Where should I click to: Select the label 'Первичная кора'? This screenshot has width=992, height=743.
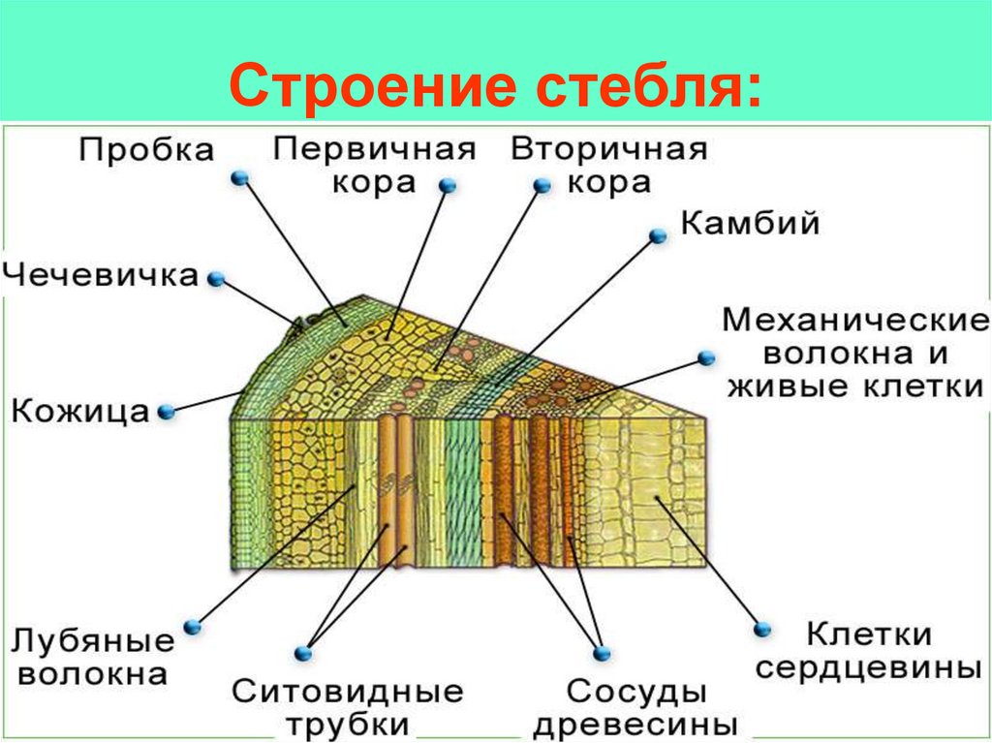(375, 165)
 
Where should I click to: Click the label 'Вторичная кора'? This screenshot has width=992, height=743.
(609, 165)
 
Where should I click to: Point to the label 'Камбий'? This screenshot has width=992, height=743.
(751, 224)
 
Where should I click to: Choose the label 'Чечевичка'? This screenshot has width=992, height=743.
(101, 275)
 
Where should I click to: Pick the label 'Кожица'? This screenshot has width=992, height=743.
(80, 412)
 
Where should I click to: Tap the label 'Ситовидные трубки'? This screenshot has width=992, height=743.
(348, 708)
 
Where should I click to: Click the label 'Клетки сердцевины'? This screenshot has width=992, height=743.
(869, 652)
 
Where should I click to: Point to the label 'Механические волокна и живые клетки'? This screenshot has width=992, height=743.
(853, 353)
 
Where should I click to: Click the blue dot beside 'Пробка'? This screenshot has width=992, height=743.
(240, 178)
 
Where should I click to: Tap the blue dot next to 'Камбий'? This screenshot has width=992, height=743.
(658, 235)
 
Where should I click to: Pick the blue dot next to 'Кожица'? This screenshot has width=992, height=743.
(167, 412)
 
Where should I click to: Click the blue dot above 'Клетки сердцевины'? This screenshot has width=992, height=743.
(760, 629)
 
